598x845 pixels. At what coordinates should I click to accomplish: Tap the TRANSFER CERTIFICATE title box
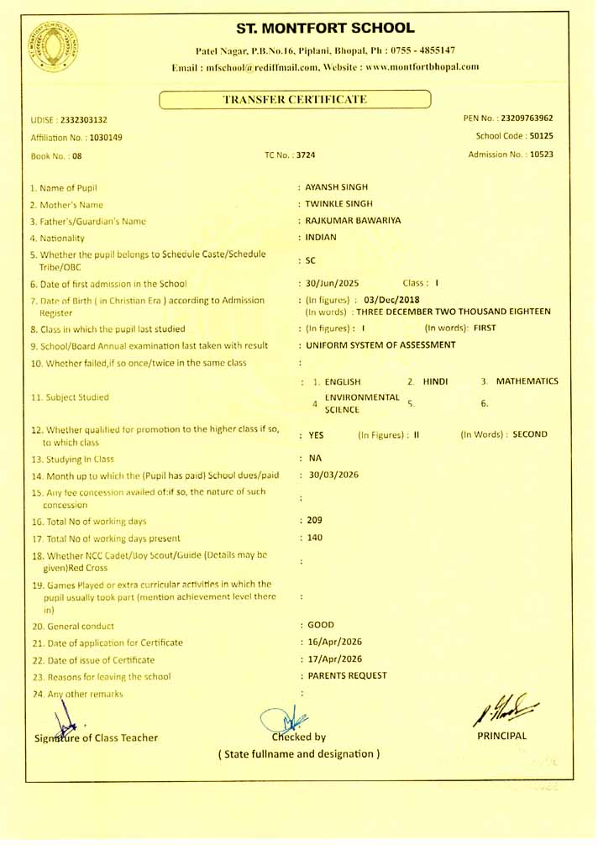[x=295, y=100]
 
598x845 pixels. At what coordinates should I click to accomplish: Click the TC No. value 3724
[x=306, y=155]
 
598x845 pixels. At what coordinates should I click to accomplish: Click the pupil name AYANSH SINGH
[x=337, y=187]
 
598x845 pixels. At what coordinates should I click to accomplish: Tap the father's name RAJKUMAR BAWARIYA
[x=354, y=221]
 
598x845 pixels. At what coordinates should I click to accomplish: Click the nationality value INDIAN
[x=321, y=237]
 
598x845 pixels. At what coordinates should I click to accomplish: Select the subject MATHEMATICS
[x=527, y=381]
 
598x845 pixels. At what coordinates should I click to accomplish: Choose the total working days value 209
[x=315, y=521]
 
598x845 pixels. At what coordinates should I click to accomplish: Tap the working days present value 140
[x=315, y=538]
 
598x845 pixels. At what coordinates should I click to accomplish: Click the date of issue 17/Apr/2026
[x=336, y=659]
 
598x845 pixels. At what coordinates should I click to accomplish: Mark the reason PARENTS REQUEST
[x=347, y=675]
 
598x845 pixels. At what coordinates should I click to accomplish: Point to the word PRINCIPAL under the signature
[x=501, y=737]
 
